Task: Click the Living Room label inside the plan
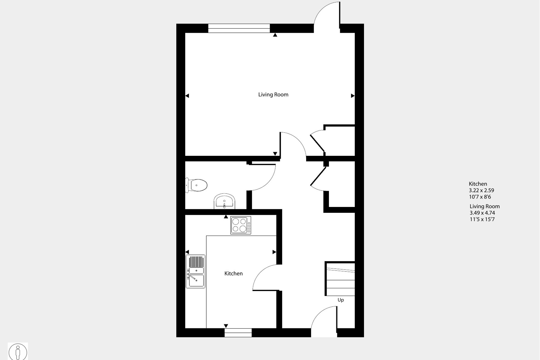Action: (x=273, y=95)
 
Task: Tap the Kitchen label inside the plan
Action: (x=233, y=273)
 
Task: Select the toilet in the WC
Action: (x=196, y=185)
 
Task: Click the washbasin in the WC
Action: (x=224, y=201)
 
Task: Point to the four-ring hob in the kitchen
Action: (x=241, y=225)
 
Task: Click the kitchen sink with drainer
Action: (x=195, y=271)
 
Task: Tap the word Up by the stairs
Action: (x=341, y=300)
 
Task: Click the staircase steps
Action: (x=340, y=279)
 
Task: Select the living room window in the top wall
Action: (x=239, y=28)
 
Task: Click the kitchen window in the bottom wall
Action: (x=238, y=333)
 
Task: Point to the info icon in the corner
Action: (x=18, y=351)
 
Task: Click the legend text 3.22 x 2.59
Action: (x=481, y=191)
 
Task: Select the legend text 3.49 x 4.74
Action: (x=482, y=213)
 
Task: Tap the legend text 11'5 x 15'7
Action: (x=482, y=219)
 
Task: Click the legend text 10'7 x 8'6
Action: (x=480, y=197)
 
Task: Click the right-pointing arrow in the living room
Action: (x=353, y=96)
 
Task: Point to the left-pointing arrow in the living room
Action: (x=187, y=96)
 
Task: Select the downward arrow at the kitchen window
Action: (x=226, y=326)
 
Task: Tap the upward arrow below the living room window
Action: (x=275, y=35)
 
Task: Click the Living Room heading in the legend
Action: (x=485, y=206)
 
